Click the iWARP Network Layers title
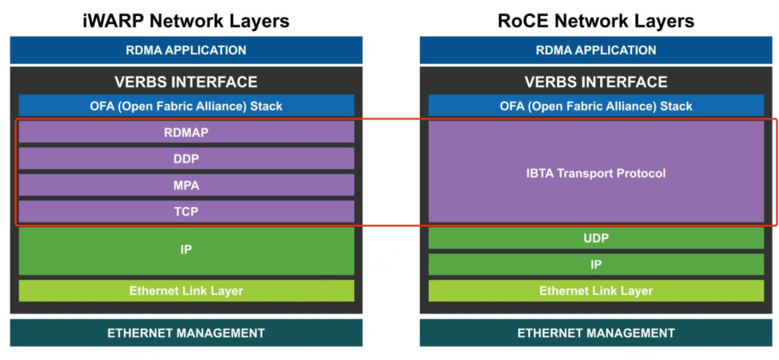186,21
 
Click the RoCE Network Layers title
596,21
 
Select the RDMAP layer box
186,132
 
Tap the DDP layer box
186,159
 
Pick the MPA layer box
186,185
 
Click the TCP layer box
186,211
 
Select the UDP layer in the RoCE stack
597,238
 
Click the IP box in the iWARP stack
186,250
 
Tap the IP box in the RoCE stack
597,265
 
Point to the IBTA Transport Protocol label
596,174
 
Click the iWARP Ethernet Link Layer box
186,291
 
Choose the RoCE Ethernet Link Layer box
597,291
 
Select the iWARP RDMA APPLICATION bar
186,51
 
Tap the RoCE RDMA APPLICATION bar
597,51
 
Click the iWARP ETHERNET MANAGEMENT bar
186,333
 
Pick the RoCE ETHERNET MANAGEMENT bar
597,333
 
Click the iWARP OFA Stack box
186,105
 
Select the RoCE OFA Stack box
597,105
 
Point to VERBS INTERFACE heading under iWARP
186,82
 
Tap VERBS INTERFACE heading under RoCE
597,82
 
